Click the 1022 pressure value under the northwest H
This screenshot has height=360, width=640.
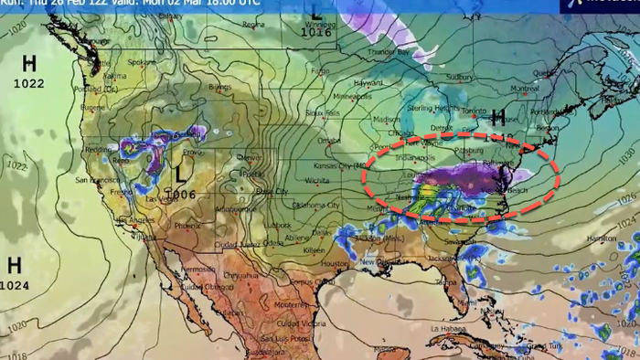tap(29, 83)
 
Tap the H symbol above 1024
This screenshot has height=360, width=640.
tap(15, 266)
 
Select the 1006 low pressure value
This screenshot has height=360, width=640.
tap(181, 195)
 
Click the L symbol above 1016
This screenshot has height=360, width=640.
tap(316, 12)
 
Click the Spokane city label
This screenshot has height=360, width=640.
tap(143, 63)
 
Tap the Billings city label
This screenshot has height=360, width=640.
tap(219, 88)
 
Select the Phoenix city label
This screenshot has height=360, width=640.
tap(187, 225)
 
